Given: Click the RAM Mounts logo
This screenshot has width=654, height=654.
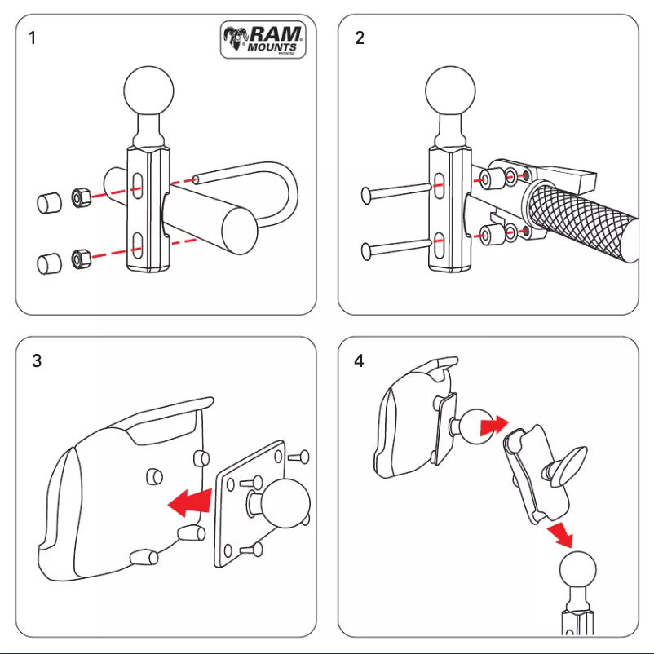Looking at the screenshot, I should (x=263, y=40).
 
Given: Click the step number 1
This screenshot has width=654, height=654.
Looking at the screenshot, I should (x=33, y=38).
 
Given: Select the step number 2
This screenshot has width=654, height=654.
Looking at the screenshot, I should (x=360, y=38).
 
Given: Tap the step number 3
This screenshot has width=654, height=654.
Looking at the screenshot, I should (x=37, y=360).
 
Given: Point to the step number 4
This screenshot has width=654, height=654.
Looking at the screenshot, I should (x=360, y=360).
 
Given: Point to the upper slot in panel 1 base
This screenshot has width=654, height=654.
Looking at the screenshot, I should (x=139, y=185).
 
